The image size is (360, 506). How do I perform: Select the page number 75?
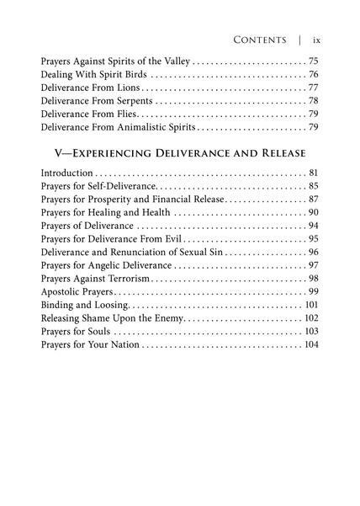point(313,61)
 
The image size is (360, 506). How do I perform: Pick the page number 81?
point(313,173)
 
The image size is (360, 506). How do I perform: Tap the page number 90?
point(313,212)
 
